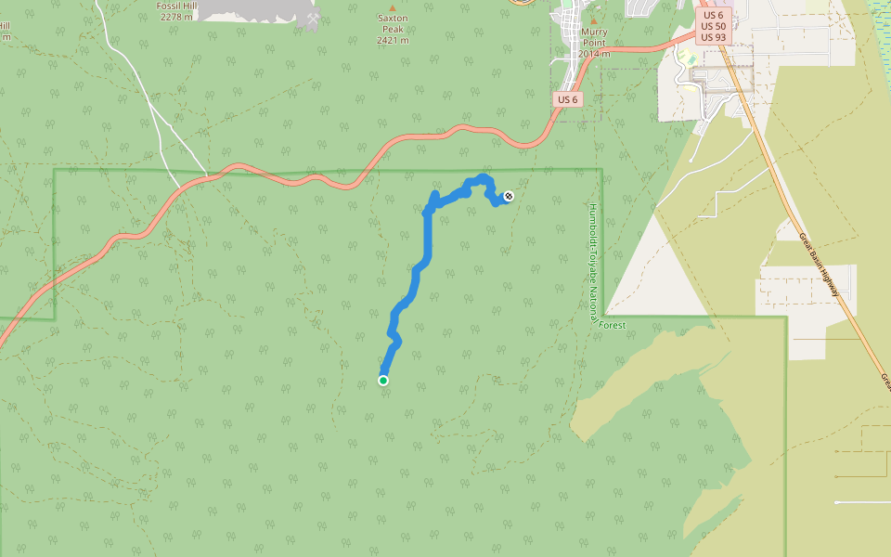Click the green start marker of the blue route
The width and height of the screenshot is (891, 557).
pyautogui.click(x=383, y=380)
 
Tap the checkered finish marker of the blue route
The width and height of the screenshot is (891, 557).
pyautogui.click(x=509, y=196)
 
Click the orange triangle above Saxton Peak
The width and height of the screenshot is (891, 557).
pyautogui.click(x=392, y=7)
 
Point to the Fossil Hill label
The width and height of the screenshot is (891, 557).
pyautogui.click(x=177, y=6)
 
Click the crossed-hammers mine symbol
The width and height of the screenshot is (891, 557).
pyautogui.click(x=313, y=19)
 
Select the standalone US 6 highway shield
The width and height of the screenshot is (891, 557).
pyautogui.click(x=568, y=99)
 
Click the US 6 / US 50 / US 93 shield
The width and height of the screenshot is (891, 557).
pyautogui.click(x=714, y=26)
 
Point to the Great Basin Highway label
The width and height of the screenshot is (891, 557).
pyautogui.click(x=820, y=265)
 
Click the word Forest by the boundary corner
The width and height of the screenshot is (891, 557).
pyautogui.click(x=612, y=325)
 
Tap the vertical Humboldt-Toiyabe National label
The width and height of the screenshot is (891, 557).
pyautogui.click(x=594, y=262)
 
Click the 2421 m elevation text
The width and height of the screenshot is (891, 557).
pyautogui.click(x=393, y=40)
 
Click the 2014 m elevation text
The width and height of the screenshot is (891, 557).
pyautogui.click(x=594, y=53)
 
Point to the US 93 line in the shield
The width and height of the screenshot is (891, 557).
pyautogui.click(x=714, y=37)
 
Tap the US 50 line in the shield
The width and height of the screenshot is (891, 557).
pyautogui.click(x=714, y=26)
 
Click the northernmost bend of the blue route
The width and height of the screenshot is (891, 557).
pyautogui.click(x=480, y=177)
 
